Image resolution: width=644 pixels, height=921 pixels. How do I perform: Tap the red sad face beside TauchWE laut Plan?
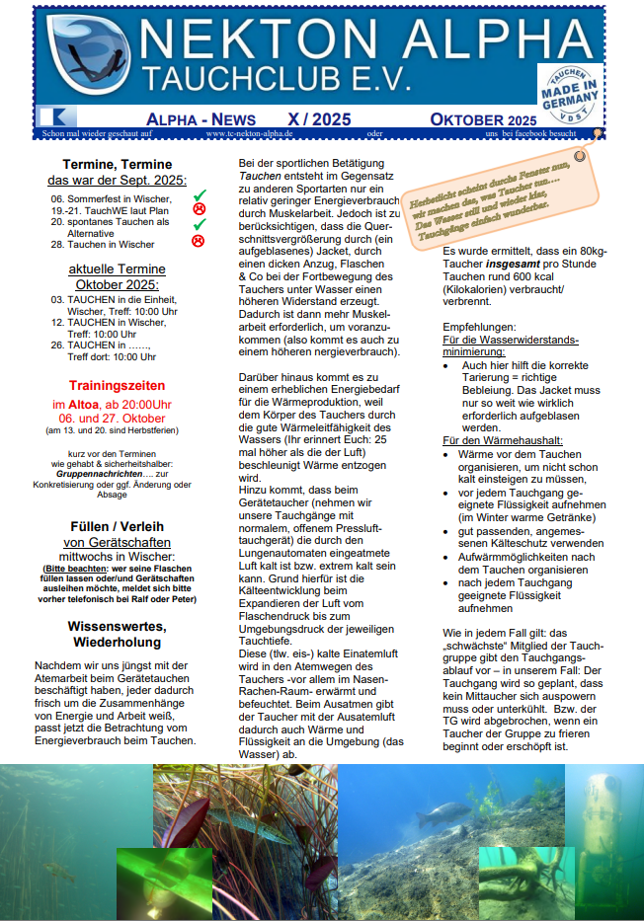pyautogui.click(x=199, y=209)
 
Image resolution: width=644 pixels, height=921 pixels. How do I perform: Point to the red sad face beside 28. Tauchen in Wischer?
pyautogui.click(x=199, y=242)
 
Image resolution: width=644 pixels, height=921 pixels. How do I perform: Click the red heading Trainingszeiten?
pyautogui.click(x=117, y=385)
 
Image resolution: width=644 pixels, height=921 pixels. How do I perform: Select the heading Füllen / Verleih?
pyautogui.click(x=117, y=526)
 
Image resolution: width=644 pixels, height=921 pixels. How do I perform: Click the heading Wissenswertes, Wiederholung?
pyautogui.click(x=117, y=635)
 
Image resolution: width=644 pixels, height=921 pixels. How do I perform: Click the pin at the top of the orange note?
pyautogui.click(x=580, y=155)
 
